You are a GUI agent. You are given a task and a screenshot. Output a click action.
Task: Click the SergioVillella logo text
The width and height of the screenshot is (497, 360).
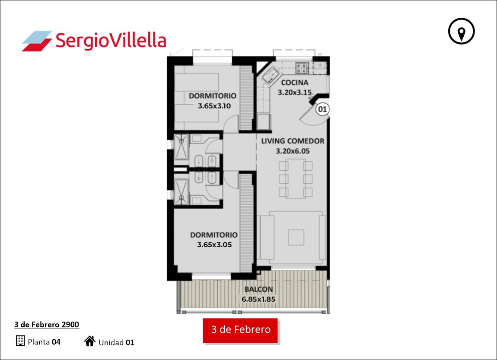111,41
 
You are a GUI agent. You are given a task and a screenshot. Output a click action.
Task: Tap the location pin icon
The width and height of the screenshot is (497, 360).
461,32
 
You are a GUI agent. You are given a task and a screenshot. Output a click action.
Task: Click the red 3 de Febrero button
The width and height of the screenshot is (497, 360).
240,330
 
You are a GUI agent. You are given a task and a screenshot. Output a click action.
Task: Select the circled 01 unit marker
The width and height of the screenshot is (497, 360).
322,109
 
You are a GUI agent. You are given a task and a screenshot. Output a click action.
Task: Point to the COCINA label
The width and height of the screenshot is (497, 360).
294,83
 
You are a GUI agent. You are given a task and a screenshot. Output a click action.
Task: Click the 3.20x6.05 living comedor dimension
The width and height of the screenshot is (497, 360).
293,151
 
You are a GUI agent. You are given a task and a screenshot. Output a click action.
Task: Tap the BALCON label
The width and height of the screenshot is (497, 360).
258,289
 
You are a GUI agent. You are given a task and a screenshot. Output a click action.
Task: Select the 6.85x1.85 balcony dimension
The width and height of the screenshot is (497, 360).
258,299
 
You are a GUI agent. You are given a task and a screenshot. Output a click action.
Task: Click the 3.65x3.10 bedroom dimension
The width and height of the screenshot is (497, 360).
214,106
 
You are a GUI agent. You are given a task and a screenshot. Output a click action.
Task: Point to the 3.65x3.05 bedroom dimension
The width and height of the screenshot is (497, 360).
214,245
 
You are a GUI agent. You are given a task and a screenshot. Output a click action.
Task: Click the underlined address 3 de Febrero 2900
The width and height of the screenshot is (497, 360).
47,325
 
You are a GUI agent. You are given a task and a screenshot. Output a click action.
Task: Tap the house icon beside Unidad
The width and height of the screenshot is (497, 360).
90,341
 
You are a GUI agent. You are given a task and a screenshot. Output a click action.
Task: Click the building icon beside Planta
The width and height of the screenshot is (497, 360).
20,341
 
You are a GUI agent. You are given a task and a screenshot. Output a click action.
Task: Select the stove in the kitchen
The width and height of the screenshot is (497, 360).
302,68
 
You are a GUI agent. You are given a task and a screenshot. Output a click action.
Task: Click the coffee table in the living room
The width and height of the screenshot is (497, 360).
296,237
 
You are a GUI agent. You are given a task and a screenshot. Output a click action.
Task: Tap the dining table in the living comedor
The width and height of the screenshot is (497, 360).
296,178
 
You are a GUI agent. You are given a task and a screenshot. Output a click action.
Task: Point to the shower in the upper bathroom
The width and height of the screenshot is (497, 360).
182,147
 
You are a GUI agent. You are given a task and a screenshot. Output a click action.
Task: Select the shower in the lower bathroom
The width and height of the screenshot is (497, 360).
182,192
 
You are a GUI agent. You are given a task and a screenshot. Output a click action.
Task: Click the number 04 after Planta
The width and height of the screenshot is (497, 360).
56,342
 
